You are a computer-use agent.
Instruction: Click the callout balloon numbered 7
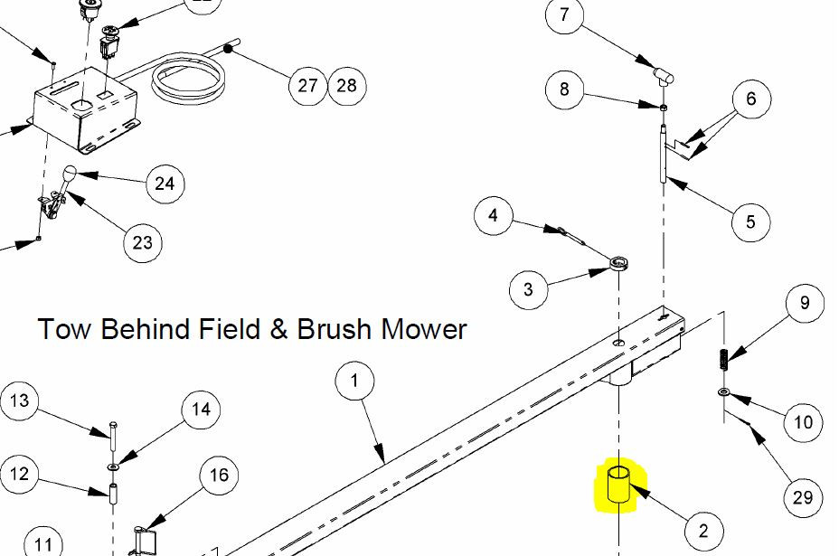565,15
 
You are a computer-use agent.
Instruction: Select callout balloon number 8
565,89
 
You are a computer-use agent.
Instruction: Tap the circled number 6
751,99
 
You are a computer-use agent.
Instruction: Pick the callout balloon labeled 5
750,221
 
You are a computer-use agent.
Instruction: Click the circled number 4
493,216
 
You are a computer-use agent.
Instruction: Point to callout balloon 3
528,290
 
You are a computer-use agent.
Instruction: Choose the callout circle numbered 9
805,304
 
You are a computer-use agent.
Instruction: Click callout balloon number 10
803,421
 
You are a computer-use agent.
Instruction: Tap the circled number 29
803,496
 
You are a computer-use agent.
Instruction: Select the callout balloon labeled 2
703,531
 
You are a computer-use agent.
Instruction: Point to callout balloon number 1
354,381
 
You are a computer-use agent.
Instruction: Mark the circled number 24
165,184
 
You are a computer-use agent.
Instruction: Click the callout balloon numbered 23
143,241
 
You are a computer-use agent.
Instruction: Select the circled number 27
307,85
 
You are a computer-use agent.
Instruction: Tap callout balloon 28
346,85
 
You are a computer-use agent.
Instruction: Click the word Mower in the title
424,328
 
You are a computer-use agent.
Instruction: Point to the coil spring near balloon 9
724,358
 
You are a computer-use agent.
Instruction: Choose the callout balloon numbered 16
220,476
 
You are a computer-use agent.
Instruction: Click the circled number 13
21,401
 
